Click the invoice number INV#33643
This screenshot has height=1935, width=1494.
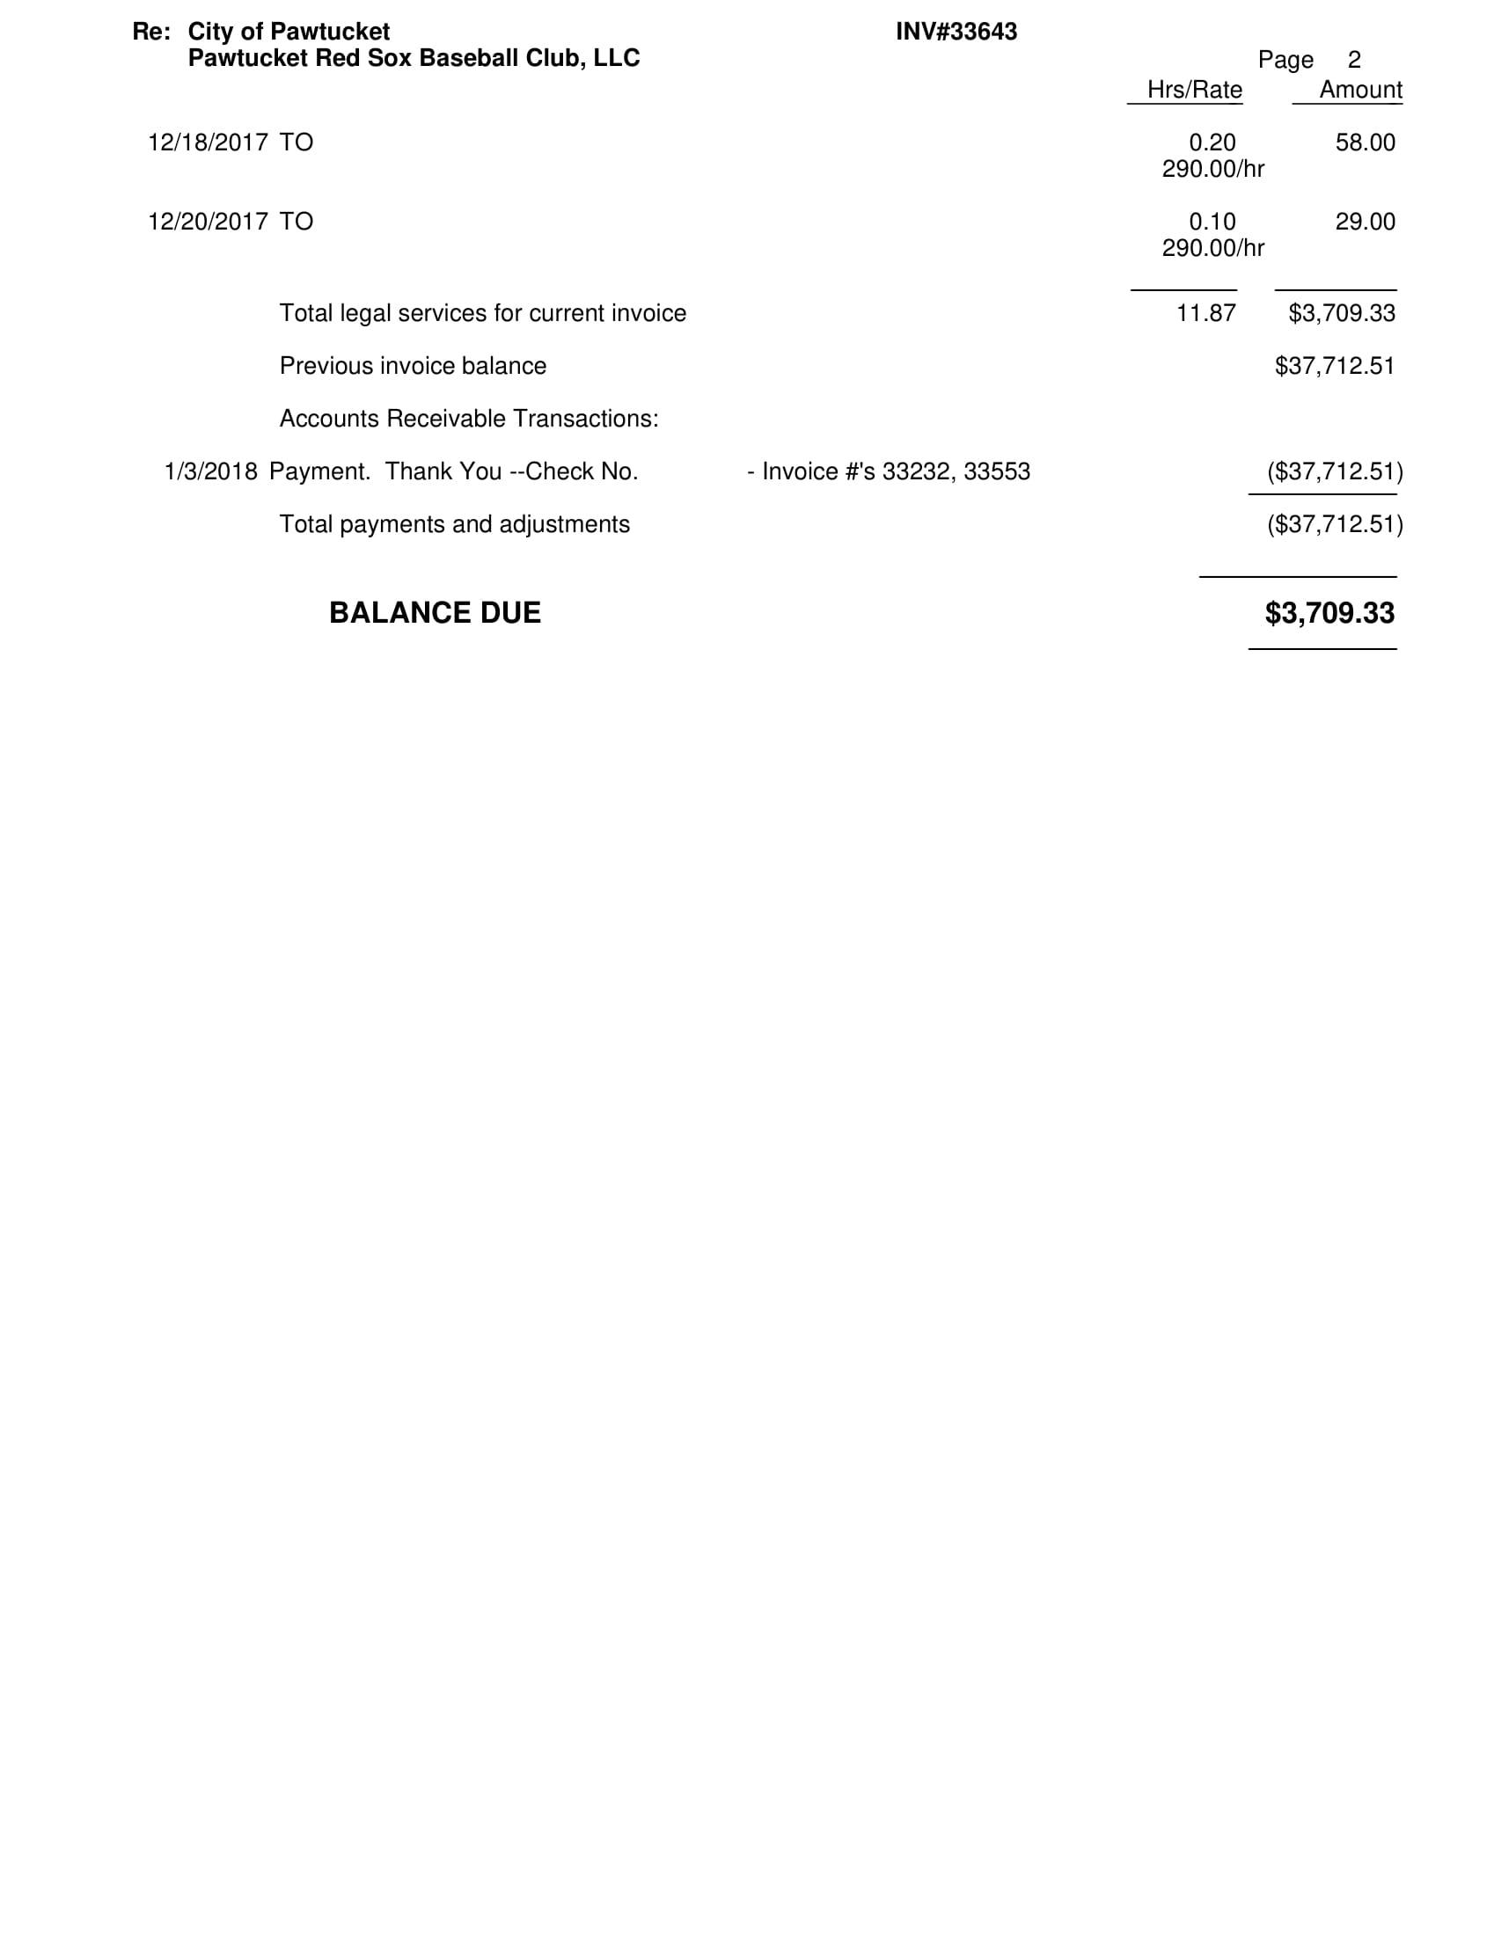click(956, 32)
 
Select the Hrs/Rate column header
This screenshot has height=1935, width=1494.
click(1194, 90)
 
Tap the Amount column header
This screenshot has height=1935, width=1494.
click(1359, 90)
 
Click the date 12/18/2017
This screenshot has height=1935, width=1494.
click(208, 142)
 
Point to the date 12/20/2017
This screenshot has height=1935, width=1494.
click(208, 222)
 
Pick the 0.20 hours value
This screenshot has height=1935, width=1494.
click(1212, 142)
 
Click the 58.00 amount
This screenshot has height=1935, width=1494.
click(1365, 142)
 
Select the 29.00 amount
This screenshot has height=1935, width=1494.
click(1365, 222)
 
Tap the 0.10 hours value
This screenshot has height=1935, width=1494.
click(1212, 222)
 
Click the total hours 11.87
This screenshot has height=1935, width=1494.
click(1205, 313)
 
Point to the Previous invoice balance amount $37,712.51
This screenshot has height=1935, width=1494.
click(1335, 366)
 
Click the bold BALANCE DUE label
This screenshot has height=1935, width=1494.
click(434, 613)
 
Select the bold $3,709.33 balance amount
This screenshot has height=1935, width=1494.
click(1329, 613)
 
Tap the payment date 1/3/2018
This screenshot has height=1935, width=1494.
click(211, 471)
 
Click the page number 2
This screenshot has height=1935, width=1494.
click(1353, 60)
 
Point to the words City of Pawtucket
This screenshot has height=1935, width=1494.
click(289, 32)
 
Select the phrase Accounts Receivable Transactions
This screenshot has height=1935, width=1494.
click(469, 418)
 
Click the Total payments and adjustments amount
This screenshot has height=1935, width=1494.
click(1335, 524)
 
